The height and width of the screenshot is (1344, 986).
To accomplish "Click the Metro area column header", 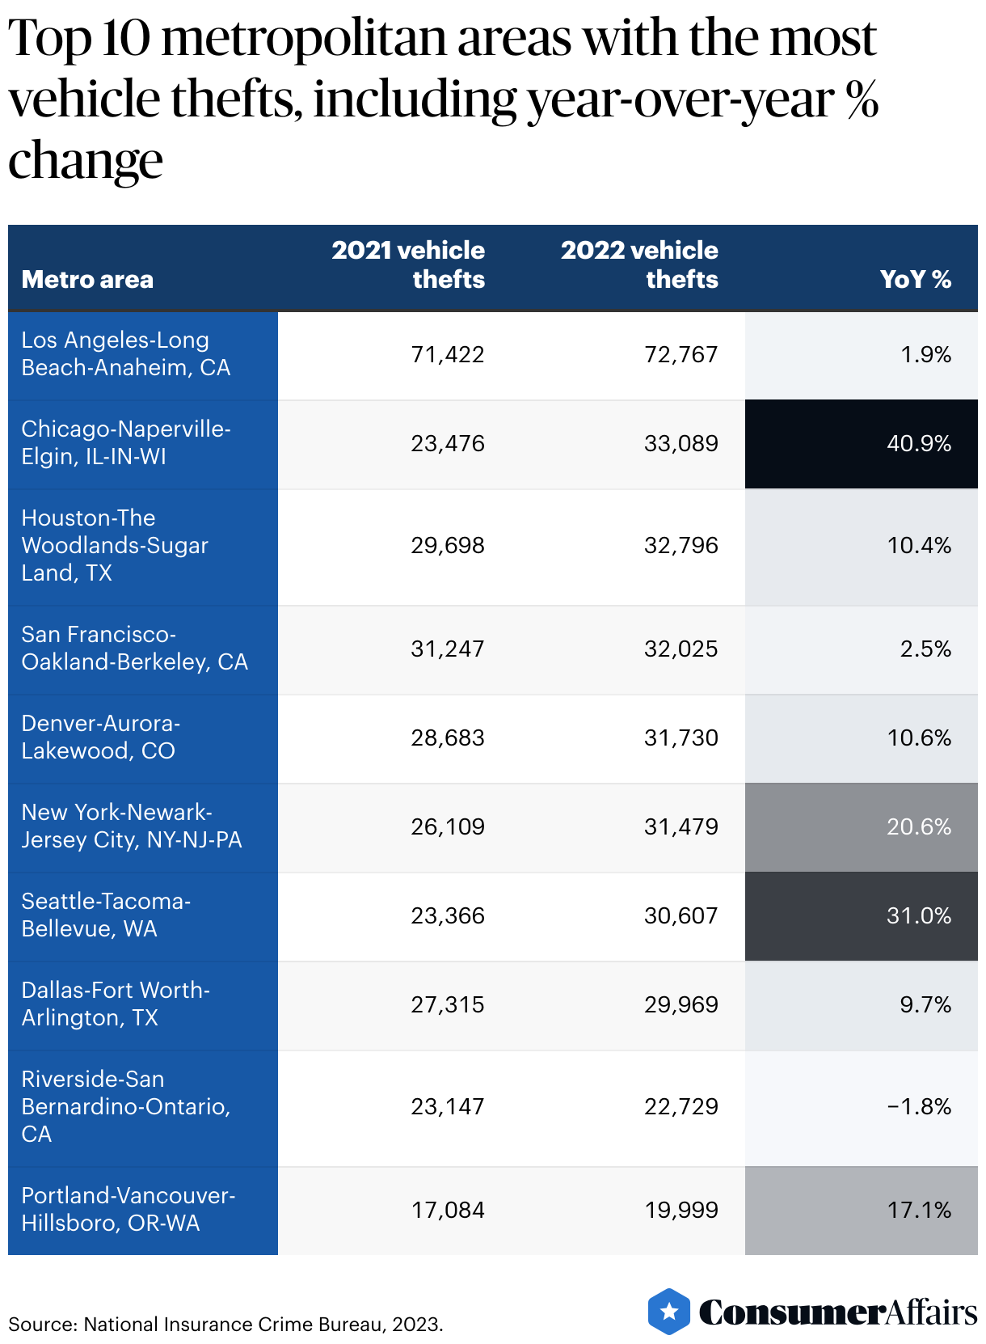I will [87, 280].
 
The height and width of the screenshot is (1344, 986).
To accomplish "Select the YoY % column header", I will [915, 280].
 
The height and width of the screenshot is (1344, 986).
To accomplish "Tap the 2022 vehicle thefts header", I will [639, 264].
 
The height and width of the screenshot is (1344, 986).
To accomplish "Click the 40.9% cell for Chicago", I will [918, 444].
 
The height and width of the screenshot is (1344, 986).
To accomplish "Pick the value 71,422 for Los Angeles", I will [447, 355].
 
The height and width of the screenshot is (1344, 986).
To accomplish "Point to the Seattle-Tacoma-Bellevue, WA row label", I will [106, 915].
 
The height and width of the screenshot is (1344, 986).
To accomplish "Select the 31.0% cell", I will [918, 916].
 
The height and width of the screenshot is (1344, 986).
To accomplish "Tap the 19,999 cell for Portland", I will [681, 1211].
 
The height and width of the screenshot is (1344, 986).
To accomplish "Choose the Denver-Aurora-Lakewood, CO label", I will [100, 738].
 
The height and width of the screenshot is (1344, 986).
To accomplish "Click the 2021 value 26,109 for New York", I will [447, 827].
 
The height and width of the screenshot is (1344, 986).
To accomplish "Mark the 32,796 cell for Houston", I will [681, 546].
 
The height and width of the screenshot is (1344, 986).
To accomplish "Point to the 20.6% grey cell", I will [918, 827].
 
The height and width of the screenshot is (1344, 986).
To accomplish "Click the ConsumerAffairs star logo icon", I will [669, 1312].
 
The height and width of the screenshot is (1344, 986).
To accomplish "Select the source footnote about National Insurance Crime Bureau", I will [225, 1325].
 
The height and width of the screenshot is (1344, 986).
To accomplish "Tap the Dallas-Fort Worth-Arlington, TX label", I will [116, 1004].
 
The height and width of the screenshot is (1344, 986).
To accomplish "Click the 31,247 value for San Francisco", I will [447, 649].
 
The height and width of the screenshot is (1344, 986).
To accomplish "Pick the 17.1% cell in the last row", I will [918, 1211].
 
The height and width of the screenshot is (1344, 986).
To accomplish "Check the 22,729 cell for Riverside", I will [681, 1107].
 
